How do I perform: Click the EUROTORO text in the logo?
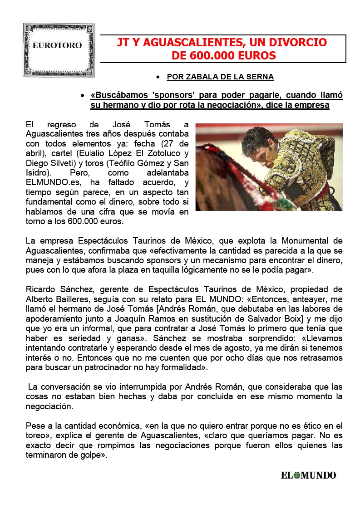tap(57, 45)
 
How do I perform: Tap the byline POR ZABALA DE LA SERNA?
tap(220, 77)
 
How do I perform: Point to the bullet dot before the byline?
tap(157, 77)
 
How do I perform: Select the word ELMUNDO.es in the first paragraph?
tap(49, 183)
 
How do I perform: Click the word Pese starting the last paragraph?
tap(35, 426)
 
